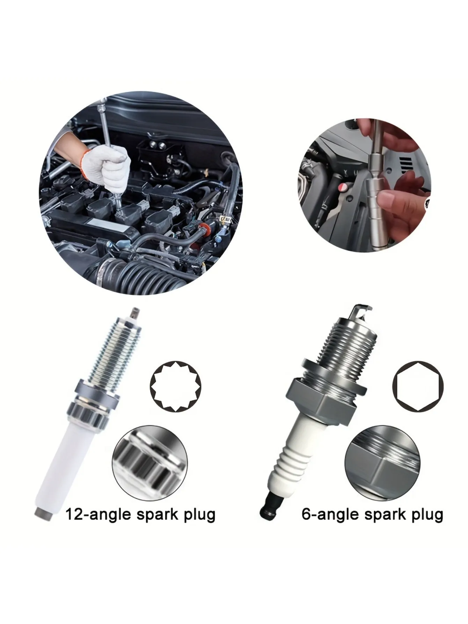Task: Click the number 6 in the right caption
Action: (x=307, y=514)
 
